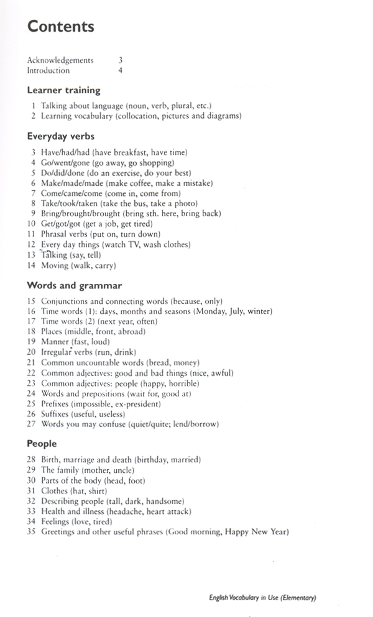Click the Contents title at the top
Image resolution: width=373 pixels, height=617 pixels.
click(60, 27)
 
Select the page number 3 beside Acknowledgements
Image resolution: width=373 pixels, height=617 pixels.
click(120, 60)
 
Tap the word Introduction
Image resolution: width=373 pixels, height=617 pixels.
click(48, 70)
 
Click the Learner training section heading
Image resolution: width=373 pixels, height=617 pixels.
click(63, 90)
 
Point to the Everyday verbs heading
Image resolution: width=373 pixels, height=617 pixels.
click(60, 135)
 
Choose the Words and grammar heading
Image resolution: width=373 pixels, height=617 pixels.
click(74, 286)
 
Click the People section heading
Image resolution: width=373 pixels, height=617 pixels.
click(42, 444)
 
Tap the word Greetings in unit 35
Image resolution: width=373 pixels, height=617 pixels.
click(60, 532)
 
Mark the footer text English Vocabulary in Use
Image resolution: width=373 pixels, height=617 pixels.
click(263, 598)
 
